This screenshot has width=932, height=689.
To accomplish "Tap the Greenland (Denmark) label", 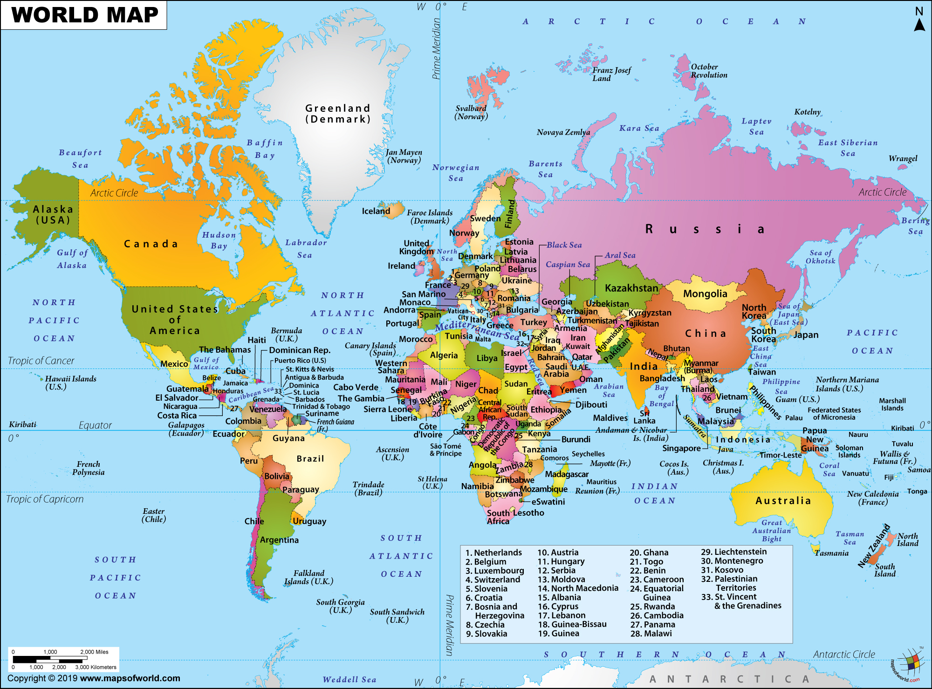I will (x=338, y=114).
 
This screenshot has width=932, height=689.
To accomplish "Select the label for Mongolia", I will (x=705, y=294).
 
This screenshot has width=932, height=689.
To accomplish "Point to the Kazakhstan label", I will (x=631, y=288).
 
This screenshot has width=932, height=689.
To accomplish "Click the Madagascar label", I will (x=567, y=474).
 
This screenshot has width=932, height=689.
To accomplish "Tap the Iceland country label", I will (x=376, y=211).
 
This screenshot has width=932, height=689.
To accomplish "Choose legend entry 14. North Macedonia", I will (x=578, y=588).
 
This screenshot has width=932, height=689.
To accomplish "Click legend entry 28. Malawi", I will (x=651, y=634).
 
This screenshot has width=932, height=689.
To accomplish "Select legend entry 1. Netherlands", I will (x=493, y=553).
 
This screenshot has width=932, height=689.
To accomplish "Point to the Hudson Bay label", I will (x=219, y=240).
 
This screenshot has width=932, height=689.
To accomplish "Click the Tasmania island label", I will (x=831, y=553).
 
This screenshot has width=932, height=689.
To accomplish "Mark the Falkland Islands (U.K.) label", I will (x=308, y=577).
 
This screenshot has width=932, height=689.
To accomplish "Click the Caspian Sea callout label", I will (x=568, y=265).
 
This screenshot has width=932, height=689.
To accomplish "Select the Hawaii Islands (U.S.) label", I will (x=70, y=382).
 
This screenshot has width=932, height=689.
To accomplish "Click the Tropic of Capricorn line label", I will (x=45, y=499).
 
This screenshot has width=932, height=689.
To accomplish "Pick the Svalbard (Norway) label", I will (x=471, y=112).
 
